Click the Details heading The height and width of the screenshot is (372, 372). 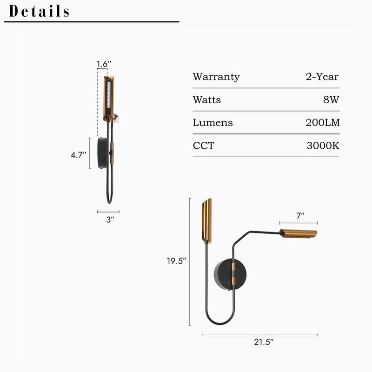(40, 11)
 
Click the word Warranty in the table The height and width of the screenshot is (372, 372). (216, 77)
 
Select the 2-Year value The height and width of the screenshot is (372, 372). (322, 77)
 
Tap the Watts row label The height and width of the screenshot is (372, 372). (207, 100)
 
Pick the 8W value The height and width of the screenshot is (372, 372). (331, 100)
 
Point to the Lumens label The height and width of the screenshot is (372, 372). (213, 123)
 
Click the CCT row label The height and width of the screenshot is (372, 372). (204, 146)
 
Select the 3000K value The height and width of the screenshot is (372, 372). (323, 146)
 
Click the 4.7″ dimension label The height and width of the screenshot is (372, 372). (79, 155)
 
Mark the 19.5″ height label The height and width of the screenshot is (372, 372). (177, 261)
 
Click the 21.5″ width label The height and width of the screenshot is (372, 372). (264, 342)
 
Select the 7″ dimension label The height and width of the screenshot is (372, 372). (300, 215)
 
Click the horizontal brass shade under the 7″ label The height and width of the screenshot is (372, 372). (298, 233)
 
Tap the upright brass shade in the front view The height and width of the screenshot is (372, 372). (207, 220)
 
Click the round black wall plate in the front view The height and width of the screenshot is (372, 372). (224, 274)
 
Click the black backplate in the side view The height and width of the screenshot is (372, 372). (102, 153)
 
